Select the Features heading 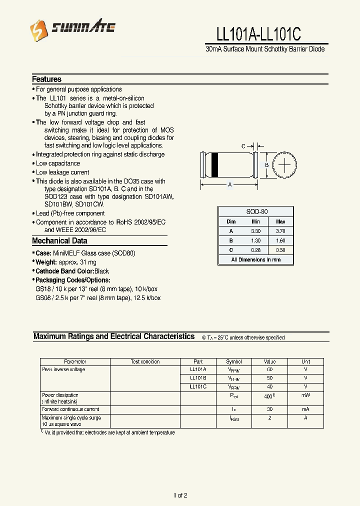46,79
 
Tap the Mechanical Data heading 59,241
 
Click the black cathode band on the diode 213,165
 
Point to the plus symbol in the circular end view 284,164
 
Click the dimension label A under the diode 230,185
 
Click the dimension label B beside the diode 267,165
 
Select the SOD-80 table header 256,211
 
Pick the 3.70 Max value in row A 280,231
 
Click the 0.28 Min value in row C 255,249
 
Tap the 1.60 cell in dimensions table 280,240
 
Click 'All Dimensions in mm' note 255,260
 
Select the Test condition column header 145,361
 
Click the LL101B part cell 198,378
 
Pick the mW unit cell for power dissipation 305,395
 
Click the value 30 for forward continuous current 269,409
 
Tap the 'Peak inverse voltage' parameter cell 63,369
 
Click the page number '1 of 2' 180,495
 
